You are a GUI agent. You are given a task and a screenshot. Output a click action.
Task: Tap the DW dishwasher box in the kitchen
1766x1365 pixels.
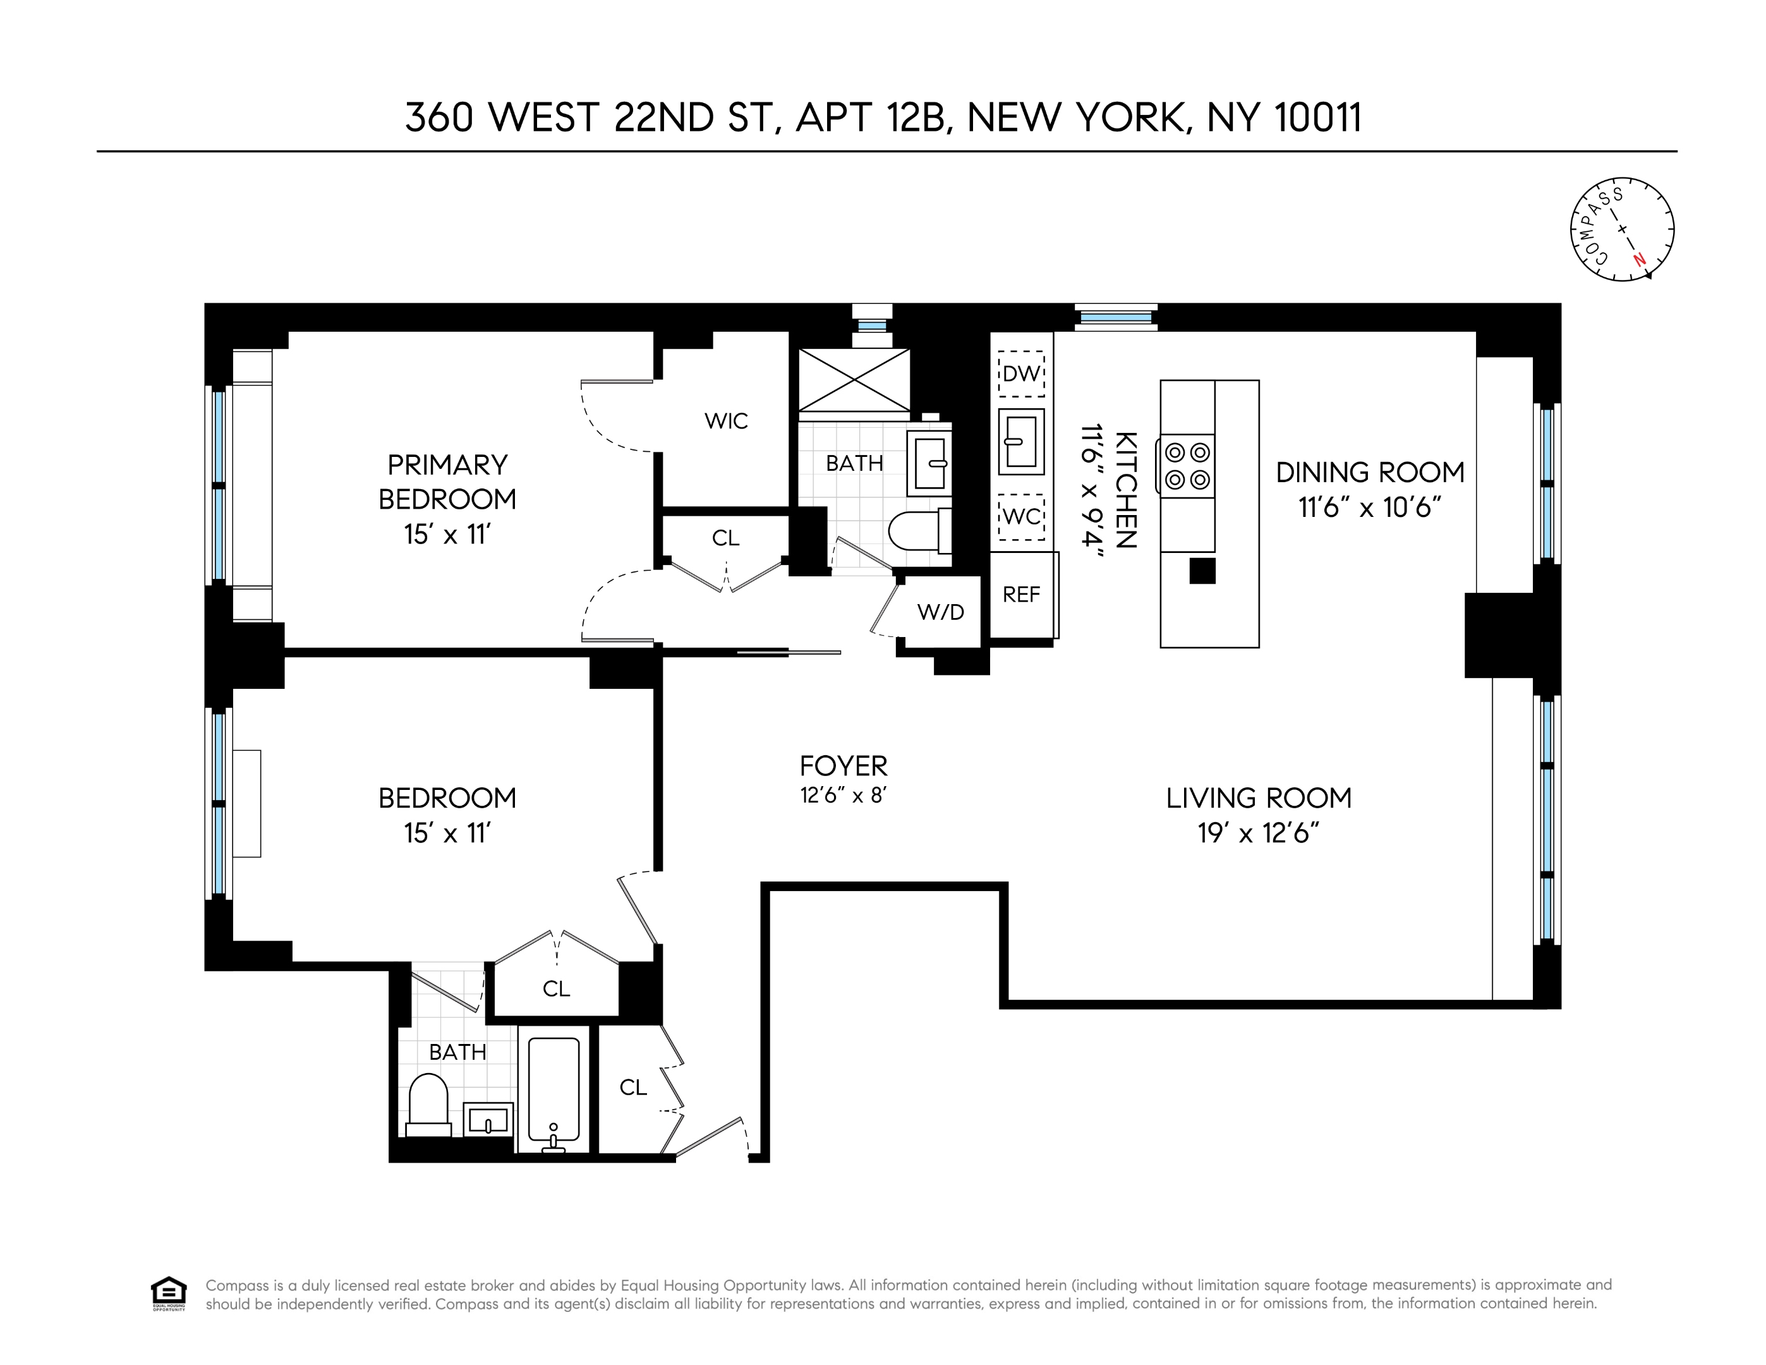pyautogui.click(x=1021, y=373)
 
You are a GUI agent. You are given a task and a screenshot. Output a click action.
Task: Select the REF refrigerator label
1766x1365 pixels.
pyautogui.click(x=1021, y=595)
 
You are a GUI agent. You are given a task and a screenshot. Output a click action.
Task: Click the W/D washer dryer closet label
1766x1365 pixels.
pyautogui.click(x=940, y=613)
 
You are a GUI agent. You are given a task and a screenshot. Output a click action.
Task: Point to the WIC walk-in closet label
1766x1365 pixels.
pyautogui.click(x=726, y=422)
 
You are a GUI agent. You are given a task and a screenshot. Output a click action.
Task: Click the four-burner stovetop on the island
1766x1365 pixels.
pyautogui.click(x=1188, y=466)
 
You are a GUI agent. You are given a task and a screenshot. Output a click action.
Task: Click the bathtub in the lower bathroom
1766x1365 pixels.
pyautogui.click(x=554, y=1088)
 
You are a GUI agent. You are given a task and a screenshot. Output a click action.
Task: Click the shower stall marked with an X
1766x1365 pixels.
pyautogui.click(x=855, y=380)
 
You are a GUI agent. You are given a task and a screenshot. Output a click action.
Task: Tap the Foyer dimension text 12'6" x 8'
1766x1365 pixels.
pyautogui.click(x=844, y=796)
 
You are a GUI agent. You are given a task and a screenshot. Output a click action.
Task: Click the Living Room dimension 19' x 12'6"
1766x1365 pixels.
pyautogui.click(x=1258, y=834)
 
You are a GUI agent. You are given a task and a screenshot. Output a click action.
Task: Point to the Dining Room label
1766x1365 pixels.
pyautogui.click(x=1370, y=472)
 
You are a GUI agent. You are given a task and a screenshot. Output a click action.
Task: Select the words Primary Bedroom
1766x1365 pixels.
pyautogui.click(x=447, y=482)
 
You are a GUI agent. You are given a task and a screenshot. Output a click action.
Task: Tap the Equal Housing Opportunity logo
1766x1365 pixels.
pyautogui.click(x=168, y=1294)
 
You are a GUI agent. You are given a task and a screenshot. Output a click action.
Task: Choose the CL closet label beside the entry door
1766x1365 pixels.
pyautogui.click(x=633, y=1088)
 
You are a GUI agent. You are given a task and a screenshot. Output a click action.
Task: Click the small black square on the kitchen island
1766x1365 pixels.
pyautogui.click(x=1202, y=571)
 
